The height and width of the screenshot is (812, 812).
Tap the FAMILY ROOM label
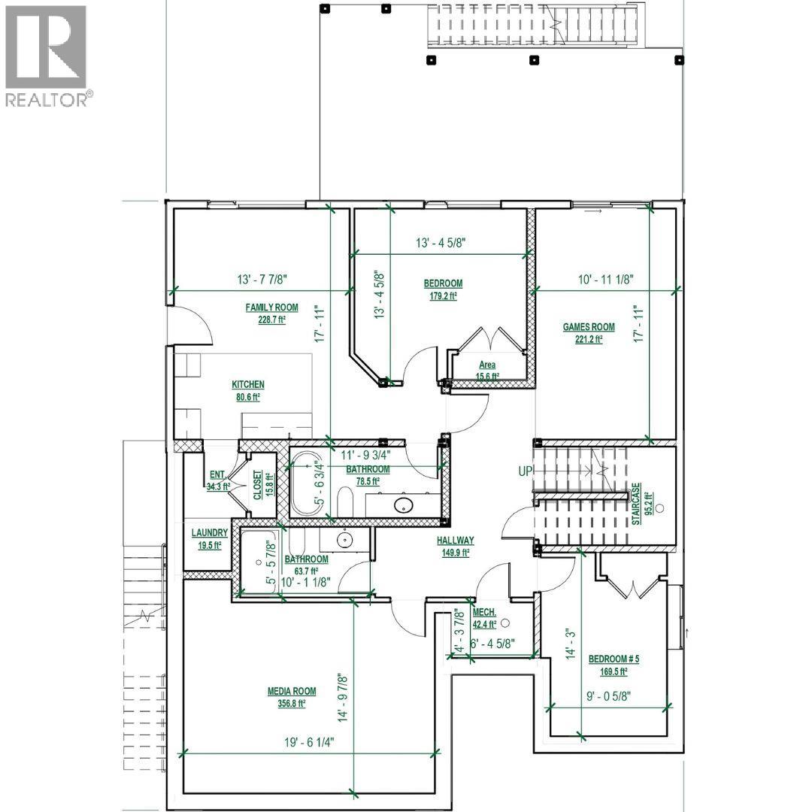click(x=271, y=308)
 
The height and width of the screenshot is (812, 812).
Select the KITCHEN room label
click(x=247, y=385)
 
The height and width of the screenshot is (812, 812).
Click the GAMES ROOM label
click(x=589, y=327)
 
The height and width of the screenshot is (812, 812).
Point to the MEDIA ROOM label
click(x=291, y=692)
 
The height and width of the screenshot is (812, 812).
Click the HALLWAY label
click(x=456, y=540)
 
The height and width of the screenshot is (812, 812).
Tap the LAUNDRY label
click(x=209, y=533)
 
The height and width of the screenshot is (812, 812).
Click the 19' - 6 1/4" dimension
click(x=308, y=741)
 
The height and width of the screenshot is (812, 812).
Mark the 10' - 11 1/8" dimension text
click(x=606, y=279)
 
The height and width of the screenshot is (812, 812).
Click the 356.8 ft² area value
click(x=291, y=704)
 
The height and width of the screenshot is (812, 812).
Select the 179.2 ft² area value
click(x=443, y=295)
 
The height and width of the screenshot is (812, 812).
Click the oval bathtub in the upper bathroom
click(x=307, y=483)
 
